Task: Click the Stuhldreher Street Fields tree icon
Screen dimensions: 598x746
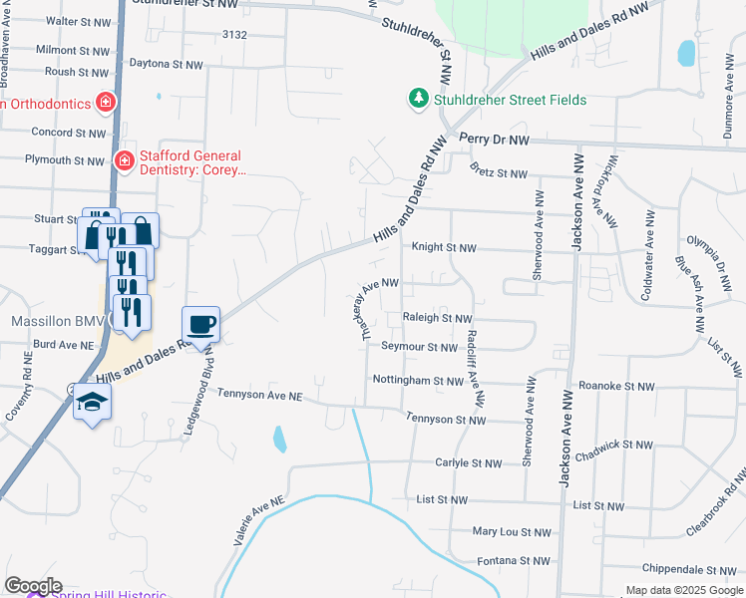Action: tap(419, 99)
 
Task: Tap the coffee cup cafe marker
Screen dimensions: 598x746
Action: tap(201, 324)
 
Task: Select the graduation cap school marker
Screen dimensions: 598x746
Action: tap(92, 403)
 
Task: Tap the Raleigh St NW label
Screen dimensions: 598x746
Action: tap(436, 318)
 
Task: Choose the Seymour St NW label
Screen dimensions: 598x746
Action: tap(418, 347)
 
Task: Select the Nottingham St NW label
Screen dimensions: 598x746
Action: tap(418, 381)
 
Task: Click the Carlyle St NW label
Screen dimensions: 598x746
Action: tap(468, 463)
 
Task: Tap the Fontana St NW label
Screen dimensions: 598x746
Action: tap(513, 562)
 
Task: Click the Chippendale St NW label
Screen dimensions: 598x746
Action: tap(683, 568)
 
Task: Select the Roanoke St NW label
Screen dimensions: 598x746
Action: tap(616, 386)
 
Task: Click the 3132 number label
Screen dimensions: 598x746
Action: tap(234, 35)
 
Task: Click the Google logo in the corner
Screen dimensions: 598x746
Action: tap(33, 586)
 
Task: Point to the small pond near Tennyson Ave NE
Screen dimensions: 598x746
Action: tap(279, 438)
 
